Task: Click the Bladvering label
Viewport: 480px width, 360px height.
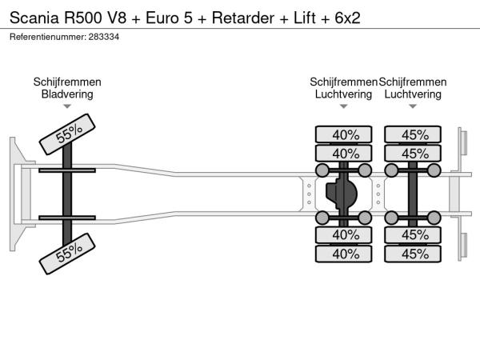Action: coord(67,94)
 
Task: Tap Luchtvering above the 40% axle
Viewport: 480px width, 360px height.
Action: coord(344,94)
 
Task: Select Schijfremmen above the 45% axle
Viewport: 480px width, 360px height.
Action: coord(412,82)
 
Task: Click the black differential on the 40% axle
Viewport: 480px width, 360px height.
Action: coord(344,194)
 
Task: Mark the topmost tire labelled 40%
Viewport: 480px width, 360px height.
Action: coord(345,134)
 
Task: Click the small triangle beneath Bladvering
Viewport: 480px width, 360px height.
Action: coord(67,106)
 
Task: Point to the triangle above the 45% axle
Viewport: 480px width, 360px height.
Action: coord(414,106)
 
